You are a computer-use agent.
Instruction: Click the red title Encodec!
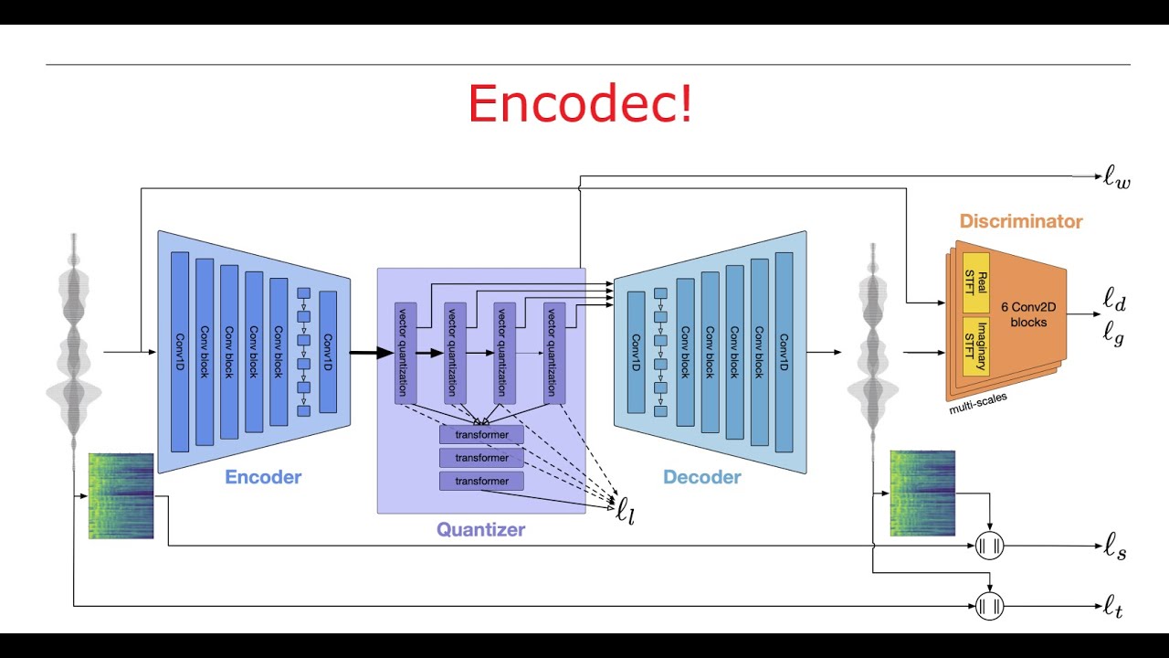click(580, 103)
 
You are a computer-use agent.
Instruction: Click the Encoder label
click(263, 476)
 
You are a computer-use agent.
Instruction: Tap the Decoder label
click(701, 476)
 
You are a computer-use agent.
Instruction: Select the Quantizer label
click(480, 528)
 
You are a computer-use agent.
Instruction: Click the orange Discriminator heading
click(1021, 221)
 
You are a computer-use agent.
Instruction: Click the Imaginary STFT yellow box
click(976, 346)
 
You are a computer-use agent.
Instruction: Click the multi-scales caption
click(979, 403)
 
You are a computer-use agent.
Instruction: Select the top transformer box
click(481, 434)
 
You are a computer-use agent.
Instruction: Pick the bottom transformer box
click(481, 481)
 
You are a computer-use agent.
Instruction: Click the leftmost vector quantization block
click(405, 352)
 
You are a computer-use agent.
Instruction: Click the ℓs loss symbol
click(1114, 548)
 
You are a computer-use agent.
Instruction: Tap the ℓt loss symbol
click(1112, 606)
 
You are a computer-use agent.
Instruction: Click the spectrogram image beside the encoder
click(121, 495)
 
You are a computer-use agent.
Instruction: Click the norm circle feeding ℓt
click(990, 605)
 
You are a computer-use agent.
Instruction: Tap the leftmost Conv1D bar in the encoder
click(179, 352)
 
